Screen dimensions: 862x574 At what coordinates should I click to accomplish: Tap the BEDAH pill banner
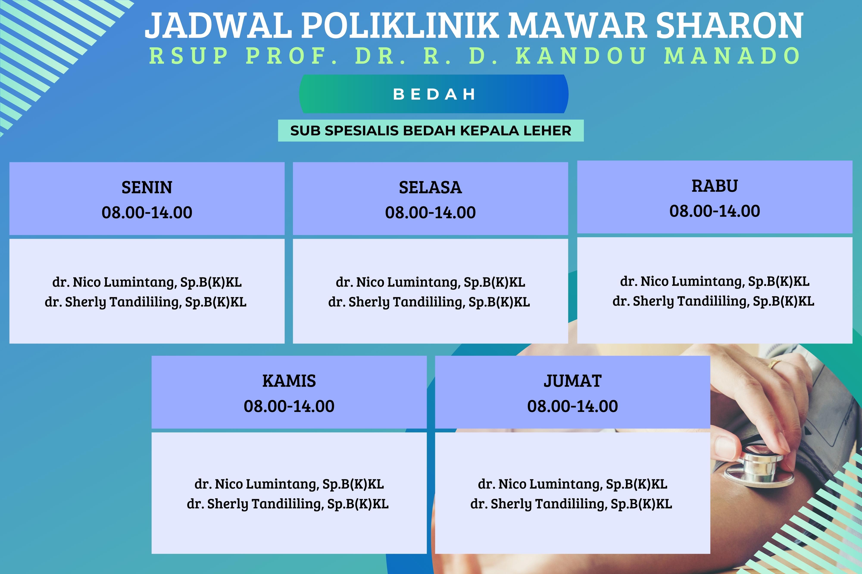point(434,94)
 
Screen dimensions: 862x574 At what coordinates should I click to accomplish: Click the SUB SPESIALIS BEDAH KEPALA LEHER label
point(431,131)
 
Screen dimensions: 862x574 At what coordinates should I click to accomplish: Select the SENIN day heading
point(147,188)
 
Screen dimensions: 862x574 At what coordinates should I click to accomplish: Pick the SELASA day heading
point(430,188)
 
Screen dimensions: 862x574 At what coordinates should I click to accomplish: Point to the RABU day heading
point(715,186)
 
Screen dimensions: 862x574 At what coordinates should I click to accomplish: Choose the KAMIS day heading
point(289,381)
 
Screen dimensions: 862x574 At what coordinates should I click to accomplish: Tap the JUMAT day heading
point(573,381)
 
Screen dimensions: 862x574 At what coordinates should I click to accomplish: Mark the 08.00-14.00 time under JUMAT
point(573,406)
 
